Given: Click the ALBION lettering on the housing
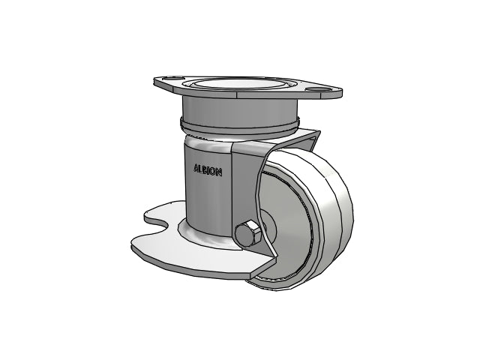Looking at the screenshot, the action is [x=208, y=170].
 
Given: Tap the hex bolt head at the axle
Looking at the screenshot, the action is [x=247, y=233].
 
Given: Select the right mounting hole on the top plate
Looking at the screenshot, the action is [x=317, y=88].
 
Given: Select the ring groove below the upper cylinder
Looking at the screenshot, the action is [x=238, y=125].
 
